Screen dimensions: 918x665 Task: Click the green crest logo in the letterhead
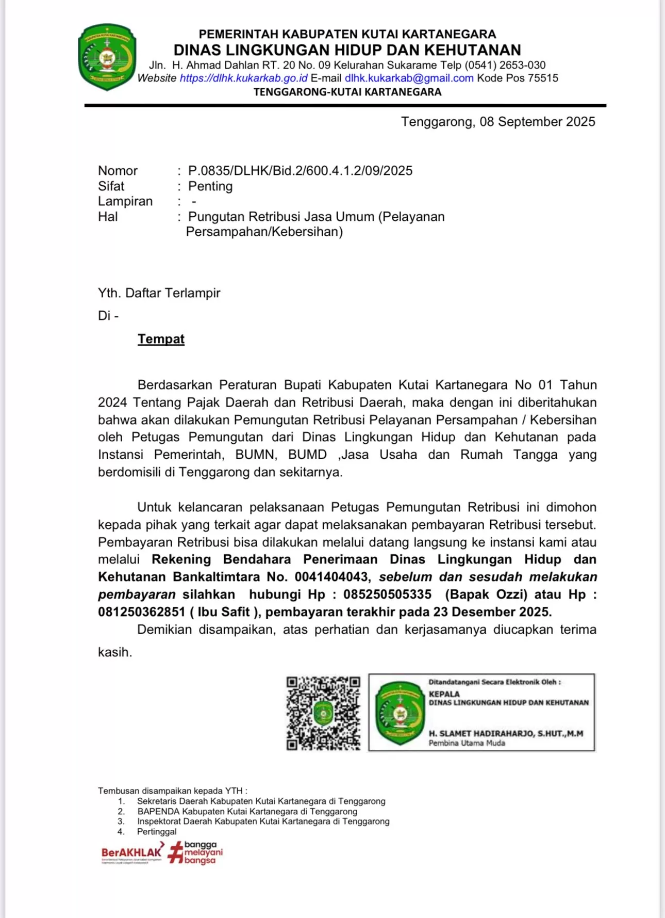tap(107, 57)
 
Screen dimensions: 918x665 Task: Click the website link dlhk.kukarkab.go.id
tap(243, 78)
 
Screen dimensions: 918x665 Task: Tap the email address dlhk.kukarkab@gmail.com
tap(409, 78)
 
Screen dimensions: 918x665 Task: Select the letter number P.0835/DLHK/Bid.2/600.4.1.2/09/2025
tap(300, 171)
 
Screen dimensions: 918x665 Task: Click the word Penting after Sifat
tap(210, 186)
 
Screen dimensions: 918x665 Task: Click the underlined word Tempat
tap(161, 339)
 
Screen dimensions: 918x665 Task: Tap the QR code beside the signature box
tap(323, 713)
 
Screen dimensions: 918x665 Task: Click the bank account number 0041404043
tap(331, 577)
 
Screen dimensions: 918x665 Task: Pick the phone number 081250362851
tap(141, 612)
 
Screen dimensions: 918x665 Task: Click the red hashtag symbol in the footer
tap(176, 852)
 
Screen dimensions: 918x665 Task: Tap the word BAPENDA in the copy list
tap(158, 811)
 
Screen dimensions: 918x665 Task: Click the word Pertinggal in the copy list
tap(157, 831)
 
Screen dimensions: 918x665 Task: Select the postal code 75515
tap(543, 78)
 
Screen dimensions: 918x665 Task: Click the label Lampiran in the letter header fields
tap(125, 201)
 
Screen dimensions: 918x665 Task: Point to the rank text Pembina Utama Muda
tap(467, 743)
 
